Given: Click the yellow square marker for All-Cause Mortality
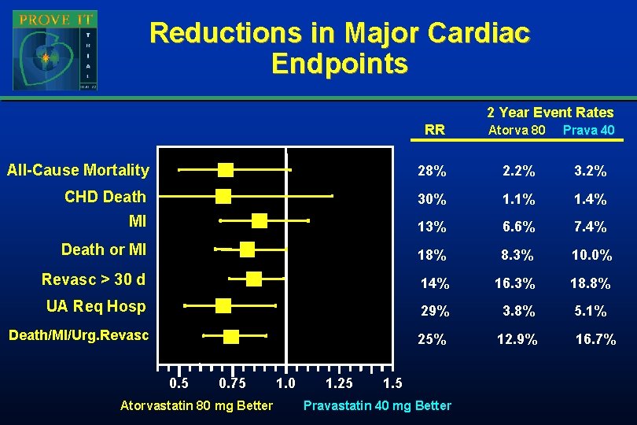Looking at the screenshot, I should coord(226,170).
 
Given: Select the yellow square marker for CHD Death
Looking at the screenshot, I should coord(223,196).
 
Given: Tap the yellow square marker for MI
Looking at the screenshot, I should coord(259,220).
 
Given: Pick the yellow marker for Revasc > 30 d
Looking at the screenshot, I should coord(253,279).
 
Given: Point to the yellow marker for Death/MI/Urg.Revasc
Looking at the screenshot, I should coord(230,337).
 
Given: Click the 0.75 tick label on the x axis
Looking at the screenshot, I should coord(232,383).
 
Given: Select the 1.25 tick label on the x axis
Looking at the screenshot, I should coord(338,383).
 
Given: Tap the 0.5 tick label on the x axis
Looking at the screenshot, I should coord(179,383).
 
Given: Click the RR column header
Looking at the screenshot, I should coord(434,130).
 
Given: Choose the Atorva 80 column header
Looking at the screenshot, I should coord(517,130).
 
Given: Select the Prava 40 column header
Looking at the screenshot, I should coord(588,130).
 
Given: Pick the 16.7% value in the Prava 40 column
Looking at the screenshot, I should coord(595,340).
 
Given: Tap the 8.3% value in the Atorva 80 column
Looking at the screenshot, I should coord(517,255).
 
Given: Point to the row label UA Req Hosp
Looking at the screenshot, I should coord(96,306).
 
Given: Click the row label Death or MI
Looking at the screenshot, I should coord(104,249).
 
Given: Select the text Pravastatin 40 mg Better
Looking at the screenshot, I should coord(377,405).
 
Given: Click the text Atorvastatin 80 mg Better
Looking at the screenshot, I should coord(197,405).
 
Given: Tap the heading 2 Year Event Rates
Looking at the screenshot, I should coord(550,113).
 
